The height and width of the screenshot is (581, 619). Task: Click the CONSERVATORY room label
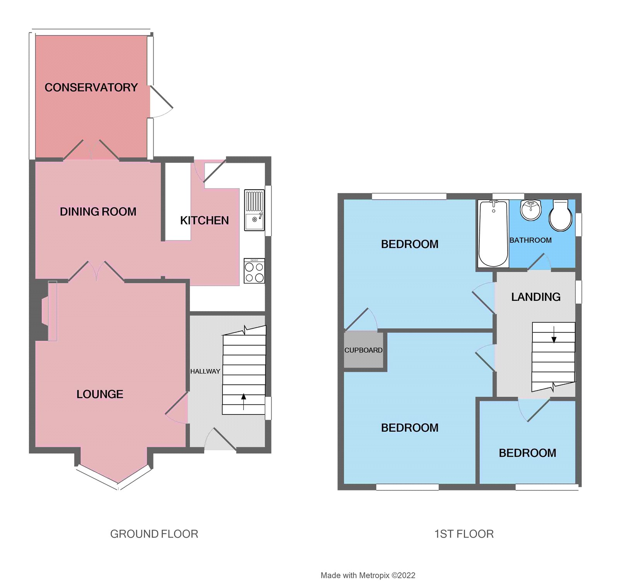(x=91, y=87)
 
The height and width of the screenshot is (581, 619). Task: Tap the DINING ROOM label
(x=98, y=212)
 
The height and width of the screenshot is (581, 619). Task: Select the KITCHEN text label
(x=204, y=221)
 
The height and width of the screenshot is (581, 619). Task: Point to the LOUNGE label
(x=100, y=394)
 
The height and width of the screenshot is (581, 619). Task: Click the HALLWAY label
(x=205, y=371)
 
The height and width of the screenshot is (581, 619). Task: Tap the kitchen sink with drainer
(x=254, y=210)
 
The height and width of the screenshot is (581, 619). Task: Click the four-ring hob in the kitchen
(x=254, y=271)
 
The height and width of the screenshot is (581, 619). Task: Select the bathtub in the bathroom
(x=493, y=233)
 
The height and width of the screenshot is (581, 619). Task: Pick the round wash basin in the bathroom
(x=531, y=210)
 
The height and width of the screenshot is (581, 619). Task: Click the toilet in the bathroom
(x=560, y=216)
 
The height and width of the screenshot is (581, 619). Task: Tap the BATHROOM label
(x=530, y=240)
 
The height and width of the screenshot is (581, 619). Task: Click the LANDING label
(x=536, y=297)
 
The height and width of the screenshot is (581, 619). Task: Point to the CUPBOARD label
(x=363, y=350)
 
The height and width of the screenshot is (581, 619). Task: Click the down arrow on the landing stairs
(x=554, y=335)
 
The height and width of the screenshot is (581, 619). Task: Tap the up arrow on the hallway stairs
(x=243, y=401)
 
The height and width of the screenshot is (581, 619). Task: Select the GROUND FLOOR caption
(x=154, y=534)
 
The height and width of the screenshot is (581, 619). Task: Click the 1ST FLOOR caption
(x=464, y=534)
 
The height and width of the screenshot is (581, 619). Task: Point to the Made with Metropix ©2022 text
(x=368, y=576)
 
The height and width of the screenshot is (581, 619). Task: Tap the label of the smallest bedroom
(x=527, y=453)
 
